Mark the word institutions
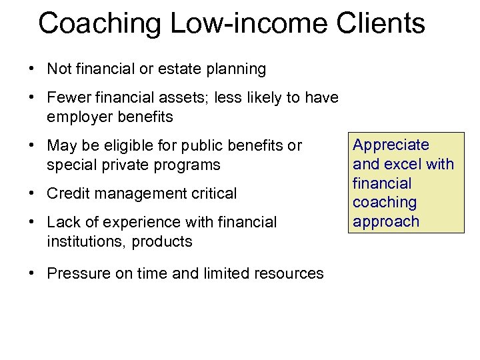click(x=84, y=241)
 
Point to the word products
click(x=162, y=241)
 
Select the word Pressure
click(x=77, y=273)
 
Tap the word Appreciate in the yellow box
click(x=391, y=145)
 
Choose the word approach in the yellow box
click(x=386, y=221)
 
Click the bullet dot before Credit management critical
click(x=32, y=194)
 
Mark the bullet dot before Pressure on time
click(x=32, y=273)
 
